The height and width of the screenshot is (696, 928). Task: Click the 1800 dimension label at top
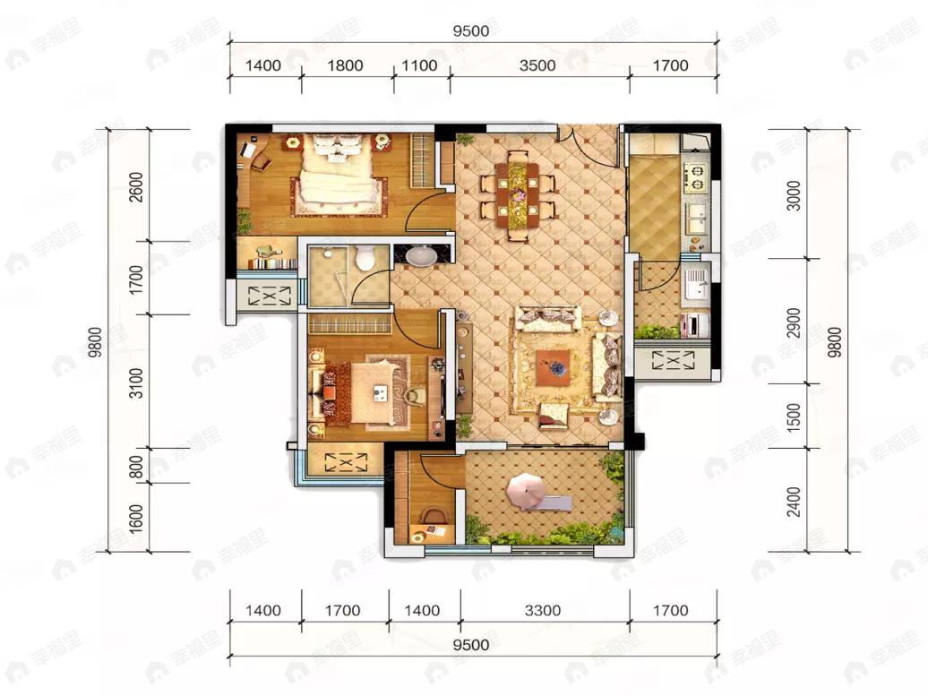[345, 65]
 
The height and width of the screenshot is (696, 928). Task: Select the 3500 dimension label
[537, 65]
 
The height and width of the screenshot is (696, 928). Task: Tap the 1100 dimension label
[419, 65]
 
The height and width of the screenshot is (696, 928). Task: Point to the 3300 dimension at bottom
[542, 610]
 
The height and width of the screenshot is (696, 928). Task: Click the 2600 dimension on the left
[136, 186]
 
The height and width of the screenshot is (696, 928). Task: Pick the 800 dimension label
[136, 467]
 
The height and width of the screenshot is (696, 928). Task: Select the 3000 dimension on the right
[794, 195]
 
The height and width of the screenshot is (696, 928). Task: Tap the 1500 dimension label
[794, 417]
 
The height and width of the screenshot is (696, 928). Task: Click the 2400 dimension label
[794, 502]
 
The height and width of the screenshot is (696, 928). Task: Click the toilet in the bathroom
[364, 257]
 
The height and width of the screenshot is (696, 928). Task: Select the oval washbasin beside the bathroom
[421, 255]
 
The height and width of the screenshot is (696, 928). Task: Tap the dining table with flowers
[519, 193]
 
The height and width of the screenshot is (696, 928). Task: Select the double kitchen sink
[696, 219]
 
